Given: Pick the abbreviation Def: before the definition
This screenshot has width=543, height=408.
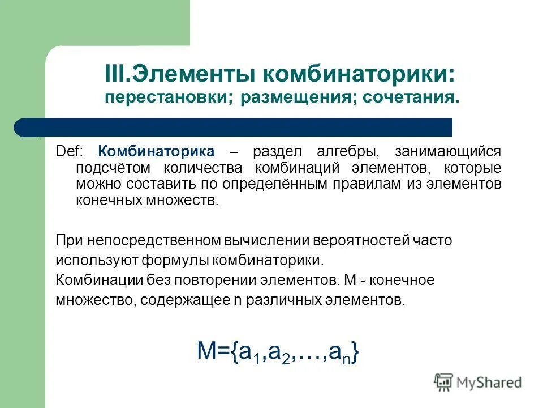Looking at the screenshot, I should [x=69, y=152].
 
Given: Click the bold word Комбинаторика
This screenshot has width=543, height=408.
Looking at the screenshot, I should [x=156, y=152].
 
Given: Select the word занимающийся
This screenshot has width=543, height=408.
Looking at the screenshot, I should [x=449, y=152].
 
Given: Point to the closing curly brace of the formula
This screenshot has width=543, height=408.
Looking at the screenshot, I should [x=354, y=352].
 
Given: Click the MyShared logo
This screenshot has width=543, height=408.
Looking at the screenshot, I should [x=478, y=382].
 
